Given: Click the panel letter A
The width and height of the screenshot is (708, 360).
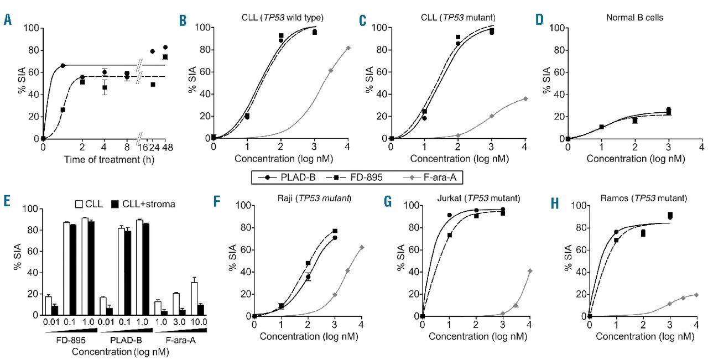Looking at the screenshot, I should point(7,20).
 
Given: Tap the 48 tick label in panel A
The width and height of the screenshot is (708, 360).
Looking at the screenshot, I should point(165,148).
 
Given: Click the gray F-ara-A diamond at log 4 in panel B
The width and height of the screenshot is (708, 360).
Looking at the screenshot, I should point(348,48).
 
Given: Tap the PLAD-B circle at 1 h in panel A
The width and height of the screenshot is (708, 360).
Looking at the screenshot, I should point(63,66).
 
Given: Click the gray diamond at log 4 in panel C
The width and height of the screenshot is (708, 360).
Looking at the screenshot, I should point(525,98).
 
